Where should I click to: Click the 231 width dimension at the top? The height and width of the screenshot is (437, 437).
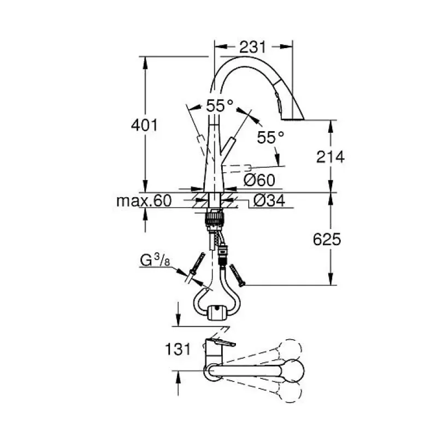253,47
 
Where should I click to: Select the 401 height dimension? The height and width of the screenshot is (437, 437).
144,125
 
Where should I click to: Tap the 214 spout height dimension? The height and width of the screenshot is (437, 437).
330,157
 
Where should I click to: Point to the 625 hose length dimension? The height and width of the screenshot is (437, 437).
327,239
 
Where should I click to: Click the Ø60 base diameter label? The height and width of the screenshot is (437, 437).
259,180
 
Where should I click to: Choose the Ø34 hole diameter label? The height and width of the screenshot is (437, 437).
269,200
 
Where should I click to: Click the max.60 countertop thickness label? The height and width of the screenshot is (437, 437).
144,200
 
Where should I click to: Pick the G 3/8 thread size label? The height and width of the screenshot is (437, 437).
155,261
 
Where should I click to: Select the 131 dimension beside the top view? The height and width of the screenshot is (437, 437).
178,349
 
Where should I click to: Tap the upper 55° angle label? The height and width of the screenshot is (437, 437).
220,105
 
